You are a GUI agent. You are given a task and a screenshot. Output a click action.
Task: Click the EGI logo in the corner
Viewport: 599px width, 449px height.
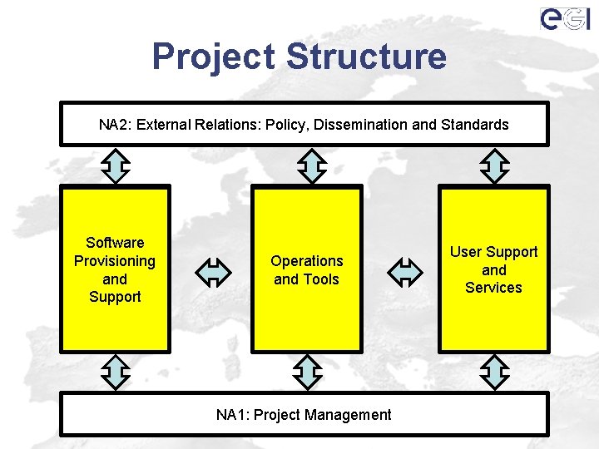(x=565, y=18)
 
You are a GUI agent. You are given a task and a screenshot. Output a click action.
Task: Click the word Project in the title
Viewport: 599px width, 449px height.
(x=214, y=57)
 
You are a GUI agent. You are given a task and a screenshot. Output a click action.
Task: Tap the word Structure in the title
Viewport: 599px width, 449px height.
(x=366, y=57)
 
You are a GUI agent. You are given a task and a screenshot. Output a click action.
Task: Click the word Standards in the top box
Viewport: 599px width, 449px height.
(x=473, y=125)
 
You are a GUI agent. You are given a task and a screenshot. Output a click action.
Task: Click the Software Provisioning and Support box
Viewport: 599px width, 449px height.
(x=115, y=269)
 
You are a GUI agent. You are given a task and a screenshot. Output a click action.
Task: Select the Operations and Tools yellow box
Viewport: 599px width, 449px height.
(x=306, y=269)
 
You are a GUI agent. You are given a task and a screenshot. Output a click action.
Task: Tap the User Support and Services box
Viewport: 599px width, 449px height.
(x=494, y=269)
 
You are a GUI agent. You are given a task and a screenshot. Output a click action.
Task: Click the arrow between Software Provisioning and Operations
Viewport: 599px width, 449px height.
(x=213, y=271)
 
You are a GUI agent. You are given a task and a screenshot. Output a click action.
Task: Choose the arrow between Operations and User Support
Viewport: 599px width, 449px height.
(x=405, y=271)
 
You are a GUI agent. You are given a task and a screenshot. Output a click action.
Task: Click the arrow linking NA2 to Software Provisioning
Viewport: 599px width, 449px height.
(x=115, y=165)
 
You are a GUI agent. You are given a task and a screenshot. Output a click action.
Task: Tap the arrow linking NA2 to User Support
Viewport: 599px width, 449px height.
(x=495, y=165)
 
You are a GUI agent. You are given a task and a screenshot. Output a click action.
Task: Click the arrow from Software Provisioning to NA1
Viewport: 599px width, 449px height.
(x=115, y=372)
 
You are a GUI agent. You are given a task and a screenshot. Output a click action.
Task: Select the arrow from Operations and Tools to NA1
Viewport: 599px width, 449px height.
(x=308, y=372)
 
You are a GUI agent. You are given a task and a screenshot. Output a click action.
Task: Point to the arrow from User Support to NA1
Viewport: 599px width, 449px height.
(x=495, y=372)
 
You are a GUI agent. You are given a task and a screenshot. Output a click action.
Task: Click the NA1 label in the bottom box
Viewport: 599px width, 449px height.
(x=232, y=414)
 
